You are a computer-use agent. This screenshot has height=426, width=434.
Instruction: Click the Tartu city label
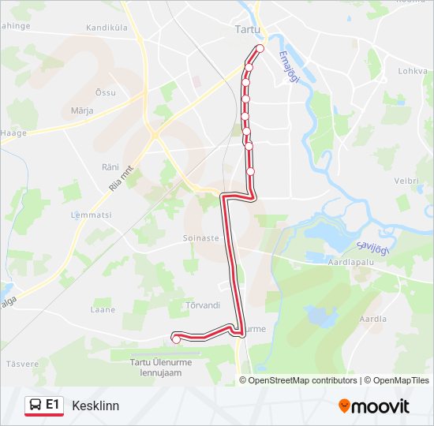tap(248, 29)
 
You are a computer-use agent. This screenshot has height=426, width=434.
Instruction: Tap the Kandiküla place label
tap(109, 28)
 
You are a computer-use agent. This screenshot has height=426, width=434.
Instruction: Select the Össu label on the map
tap(105, 92)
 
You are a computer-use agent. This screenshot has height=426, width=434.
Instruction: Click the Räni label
tap(110, 166)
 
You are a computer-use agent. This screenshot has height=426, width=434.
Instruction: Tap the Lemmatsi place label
tap(92, 215)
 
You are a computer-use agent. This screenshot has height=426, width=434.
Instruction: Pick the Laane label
tap(103, 310)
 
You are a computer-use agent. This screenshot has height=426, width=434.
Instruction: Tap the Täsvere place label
tap(22, 364)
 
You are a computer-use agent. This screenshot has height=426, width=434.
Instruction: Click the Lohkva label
tap(412, 70)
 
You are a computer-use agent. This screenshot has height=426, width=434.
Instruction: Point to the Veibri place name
tap(407, 181)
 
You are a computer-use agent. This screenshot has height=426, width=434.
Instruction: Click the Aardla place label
tap(372, 319)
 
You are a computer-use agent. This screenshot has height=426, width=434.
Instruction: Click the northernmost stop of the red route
tap(260, 49)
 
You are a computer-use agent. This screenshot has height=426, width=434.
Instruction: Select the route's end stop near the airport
tap(176, 339)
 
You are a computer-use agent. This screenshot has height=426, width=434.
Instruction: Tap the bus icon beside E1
tap(36, 405)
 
